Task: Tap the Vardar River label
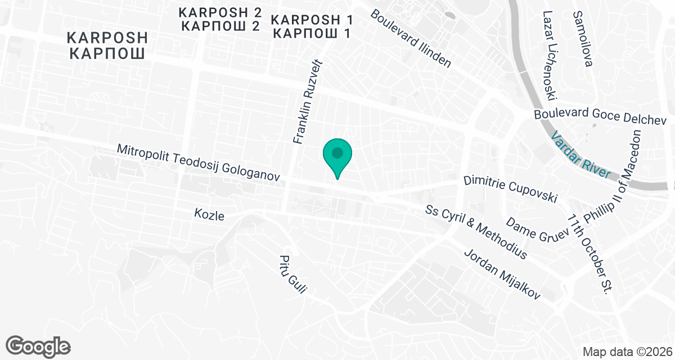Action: click(x=580, y=155)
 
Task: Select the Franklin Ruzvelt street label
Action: click(x=305, y=101)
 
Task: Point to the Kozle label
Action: click(x=209, y=215)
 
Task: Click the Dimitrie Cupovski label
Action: click(x=510, y=190)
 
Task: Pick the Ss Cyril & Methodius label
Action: click(x=476, y=231)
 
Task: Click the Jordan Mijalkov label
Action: click(x=502, y=274)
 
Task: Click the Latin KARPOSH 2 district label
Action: click(x=219, y=12)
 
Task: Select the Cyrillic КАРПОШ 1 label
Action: click(x=311, y=33)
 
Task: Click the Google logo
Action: click(x=38, y=346)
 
